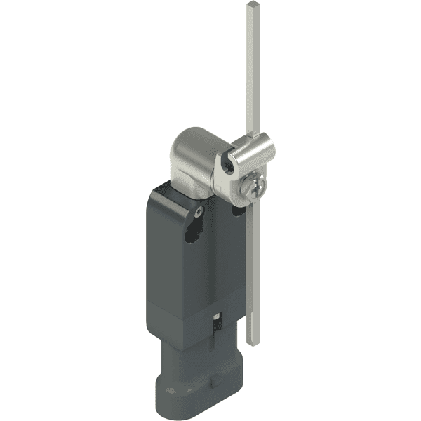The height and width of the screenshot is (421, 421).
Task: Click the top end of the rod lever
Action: [x=251, y=6]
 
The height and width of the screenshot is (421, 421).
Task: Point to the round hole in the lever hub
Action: [x=225, y=164]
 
